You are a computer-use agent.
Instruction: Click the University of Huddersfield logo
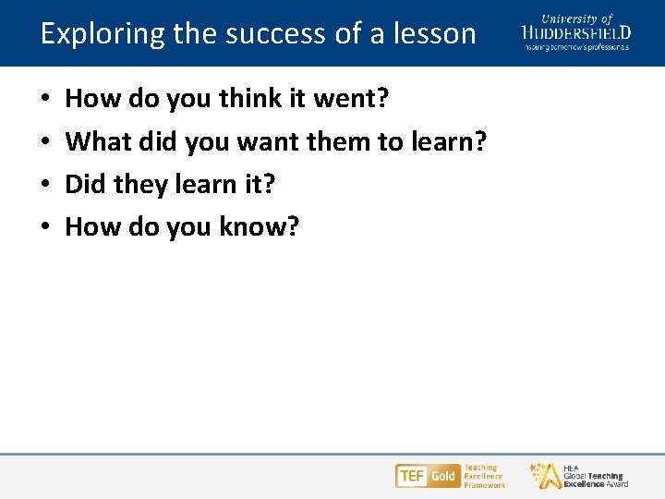point(575,31)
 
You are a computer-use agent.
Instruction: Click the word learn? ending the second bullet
point(451,141)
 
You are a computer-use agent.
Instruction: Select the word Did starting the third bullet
point(86,184)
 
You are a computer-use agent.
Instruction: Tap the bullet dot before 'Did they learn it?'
point(46,185)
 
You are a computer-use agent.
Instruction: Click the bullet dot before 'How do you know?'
point(46,227)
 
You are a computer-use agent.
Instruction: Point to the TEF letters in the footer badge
point(411,476)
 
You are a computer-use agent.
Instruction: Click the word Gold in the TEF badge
point(442,476)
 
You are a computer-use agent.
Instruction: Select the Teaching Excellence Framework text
point(484,476)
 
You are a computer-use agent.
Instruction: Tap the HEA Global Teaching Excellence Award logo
point(579,476)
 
